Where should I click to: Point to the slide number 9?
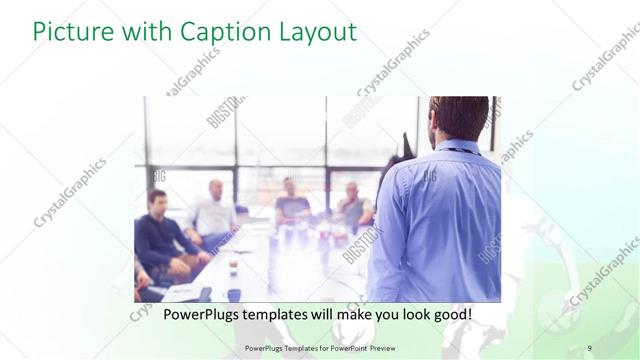coord(589,347)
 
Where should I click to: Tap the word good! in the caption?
coord(449,314)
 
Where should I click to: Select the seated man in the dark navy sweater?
coord(158,235)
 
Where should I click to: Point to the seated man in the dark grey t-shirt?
coord(291,205)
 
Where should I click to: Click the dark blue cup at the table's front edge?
coord(233,295)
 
